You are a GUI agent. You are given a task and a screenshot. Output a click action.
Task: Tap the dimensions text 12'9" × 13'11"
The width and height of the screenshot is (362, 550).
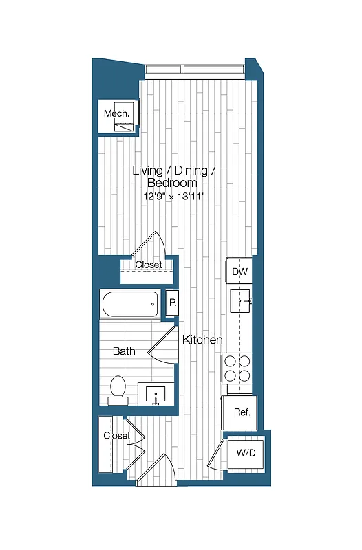click(x=174, y=197)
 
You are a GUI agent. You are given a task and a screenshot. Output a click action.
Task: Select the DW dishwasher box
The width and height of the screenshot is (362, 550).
click(x=239, y=272)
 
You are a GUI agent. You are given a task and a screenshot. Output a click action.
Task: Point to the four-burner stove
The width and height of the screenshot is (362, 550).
click(x=239, y=368)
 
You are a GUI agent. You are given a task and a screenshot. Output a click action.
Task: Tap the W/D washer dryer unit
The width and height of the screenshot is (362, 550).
click(x=247, y=453)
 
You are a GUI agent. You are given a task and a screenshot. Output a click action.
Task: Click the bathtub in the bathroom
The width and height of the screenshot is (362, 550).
click(x=130, y=303)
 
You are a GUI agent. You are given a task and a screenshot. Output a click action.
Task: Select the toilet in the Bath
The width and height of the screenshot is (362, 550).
click(x=118, y=390)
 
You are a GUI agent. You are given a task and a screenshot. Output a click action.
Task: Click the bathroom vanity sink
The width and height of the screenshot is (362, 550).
click(x=156, y=394)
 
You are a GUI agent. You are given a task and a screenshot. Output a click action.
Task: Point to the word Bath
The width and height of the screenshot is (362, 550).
click(x=124, y=351)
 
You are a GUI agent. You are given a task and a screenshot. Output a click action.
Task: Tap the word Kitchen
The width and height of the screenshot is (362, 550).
click(x=202, y=340)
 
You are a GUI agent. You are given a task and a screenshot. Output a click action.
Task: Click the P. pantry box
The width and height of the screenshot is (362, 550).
click(x=171, y=302)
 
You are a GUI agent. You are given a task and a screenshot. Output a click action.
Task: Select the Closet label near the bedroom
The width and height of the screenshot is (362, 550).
click(x=148, y=265)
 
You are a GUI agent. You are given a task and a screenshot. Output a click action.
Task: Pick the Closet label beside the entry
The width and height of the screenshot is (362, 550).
click(x=116, y=436)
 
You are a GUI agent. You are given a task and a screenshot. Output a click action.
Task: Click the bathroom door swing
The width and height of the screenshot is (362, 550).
click(x=163, y=342)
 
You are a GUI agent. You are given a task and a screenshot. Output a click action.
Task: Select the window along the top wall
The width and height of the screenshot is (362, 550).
click(x=194, y=69)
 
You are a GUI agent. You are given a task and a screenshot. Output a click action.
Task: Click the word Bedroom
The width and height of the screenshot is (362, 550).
click(x=172, y=183)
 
